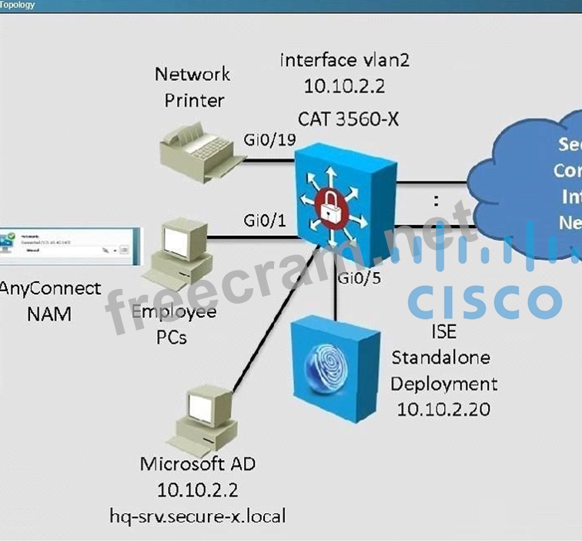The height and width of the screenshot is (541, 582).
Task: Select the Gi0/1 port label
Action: click(x=266, y=221)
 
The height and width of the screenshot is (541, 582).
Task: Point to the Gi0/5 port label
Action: click(x=360, y=278)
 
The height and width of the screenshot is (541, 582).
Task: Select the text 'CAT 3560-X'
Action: click(x=343, y=119)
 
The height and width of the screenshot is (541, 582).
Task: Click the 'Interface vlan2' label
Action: click(x=343, y=60)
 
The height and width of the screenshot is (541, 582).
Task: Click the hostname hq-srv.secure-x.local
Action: click(x=197, y=515)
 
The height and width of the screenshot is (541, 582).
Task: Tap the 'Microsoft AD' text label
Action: click(x=197, y=464)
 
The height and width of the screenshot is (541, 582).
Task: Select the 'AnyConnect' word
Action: click(x=50, y=288)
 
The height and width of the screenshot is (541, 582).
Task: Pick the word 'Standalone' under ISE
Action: click(x=440, y=358)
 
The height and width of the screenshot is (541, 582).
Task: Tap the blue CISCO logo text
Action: click(x=485, y=301)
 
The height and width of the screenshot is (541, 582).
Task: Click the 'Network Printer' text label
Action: click(x=192, y=86)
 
